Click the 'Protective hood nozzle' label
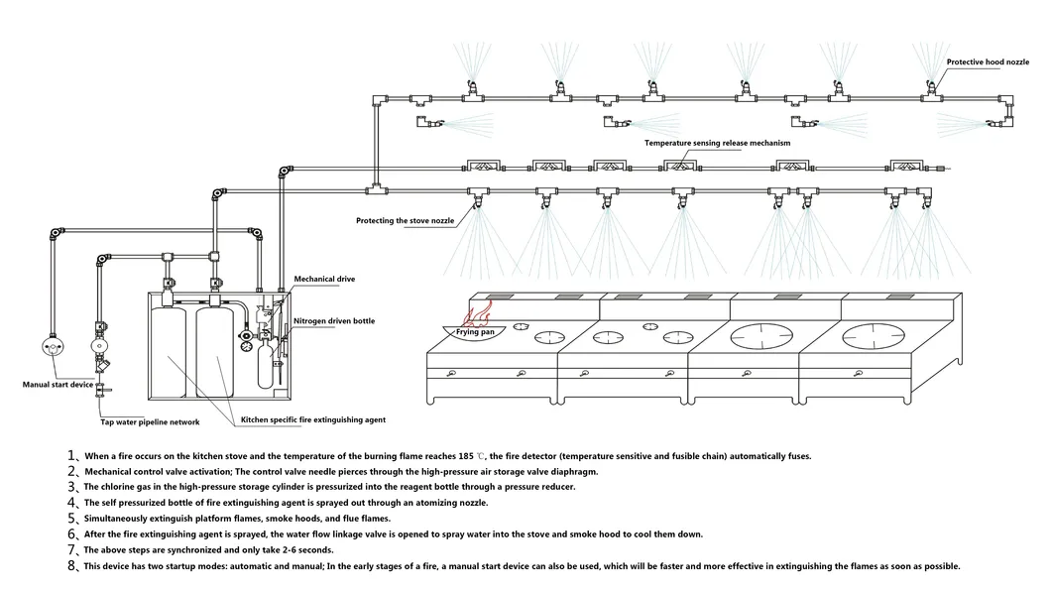[989, 61]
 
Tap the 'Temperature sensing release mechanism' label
[717, 143]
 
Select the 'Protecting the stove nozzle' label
[405, 220]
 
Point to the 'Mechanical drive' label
[323, 280]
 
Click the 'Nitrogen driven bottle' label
[333, 321]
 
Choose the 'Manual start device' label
[58, 383]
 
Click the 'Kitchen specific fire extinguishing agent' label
[313, 420]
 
